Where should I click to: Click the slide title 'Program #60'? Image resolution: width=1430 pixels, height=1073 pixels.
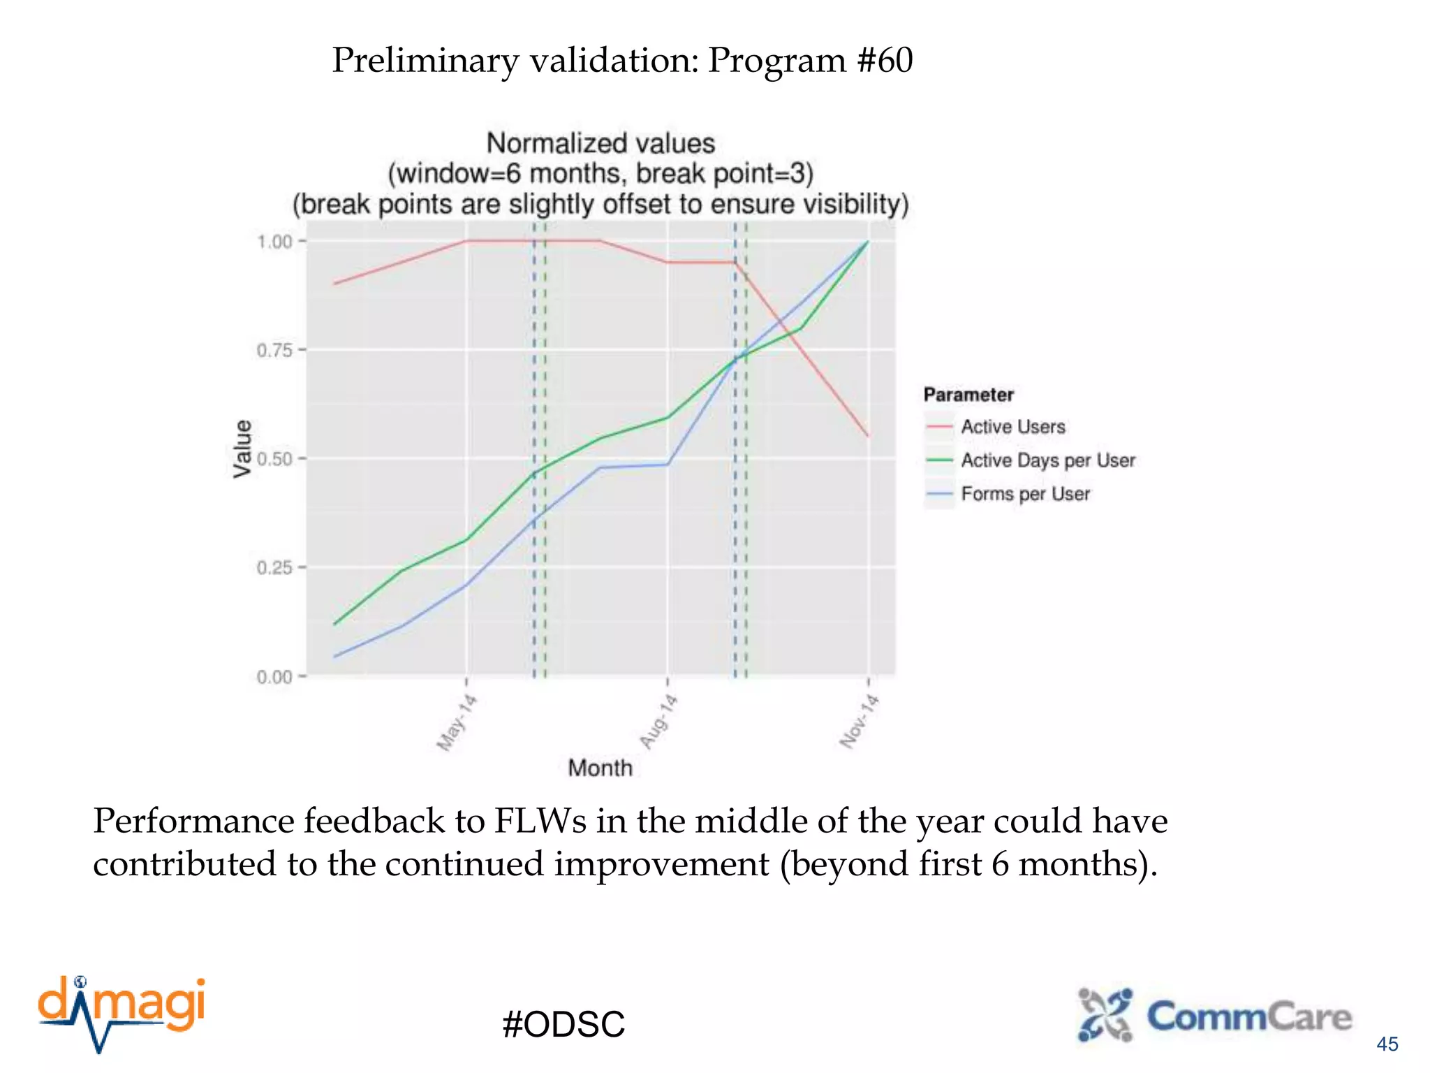pos(621,60)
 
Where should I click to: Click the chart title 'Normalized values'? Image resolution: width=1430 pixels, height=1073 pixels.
pos(600,143)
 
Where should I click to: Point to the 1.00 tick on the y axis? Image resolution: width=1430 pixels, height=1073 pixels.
pos(274,242)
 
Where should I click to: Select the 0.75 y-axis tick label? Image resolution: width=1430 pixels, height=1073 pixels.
pos(274,350)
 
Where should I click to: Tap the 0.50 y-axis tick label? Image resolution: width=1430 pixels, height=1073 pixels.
pos(274,459)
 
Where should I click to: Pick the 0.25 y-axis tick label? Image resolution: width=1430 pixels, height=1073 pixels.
pos(274,568)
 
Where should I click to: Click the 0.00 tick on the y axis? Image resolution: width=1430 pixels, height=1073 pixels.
pos(274,677)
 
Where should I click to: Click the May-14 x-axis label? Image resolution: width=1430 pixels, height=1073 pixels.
pos(457,722)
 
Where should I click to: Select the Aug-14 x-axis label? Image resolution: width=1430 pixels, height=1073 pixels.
pos(658,722)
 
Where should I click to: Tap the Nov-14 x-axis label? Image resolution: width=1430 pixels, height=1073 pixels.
pos(859,722)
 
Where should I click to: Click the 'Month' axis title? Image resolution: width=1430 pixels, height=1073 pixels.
pos(600,768)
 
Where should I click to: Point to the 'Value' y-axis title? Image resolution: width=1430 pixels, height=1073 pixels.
pos(242,448)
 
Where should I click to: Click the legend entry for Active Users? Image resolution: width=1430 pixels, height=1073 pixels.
pos(1012,427)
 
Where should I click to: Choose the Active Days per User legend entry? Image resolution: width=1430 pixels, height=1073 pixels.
pos(1047,460)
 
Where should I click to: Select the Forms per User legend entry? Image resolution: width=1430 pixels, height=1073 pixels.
pos(1024,494)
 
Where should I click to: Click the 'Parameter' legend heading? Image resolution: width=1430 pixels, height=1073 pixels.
pos(968,395)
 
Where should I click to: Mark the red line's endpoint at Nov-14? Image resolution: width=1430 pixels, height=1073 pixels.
pos(868,437)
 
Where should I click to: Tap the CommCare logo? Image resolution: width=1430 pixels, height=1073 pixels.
pos(1214,1016)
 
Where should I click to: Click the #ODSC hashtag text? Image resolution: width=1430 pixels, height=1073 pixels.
pos(563,1024)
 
